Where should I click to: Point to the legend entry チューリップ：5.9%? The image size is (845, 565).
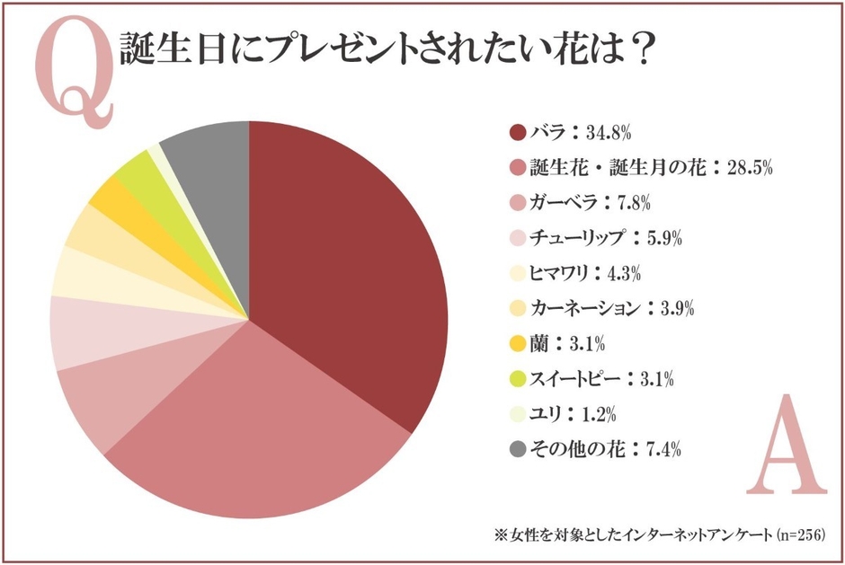(609, 237)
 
